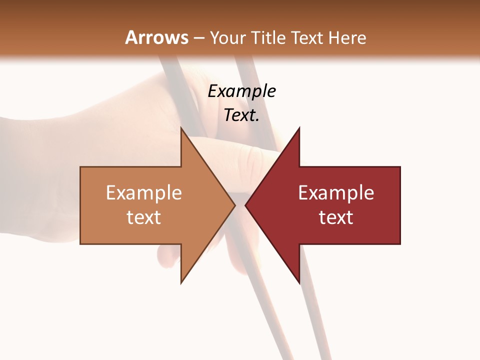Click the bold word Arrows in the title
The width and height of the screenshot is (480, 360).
(156, 37)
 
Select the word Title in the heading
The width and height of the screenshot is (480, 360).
(267, 38)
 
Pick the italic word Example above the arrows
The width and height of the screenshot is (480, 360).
(241, 91)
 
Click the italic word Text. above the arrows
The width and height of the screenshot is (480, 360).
(241, 115)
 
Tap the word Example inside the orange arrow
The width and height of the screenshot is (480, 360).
(144, 193)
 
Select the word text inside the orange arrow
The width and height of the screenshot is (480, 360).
(144, 217)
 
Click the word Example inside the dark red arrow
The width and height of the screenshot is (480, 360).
(336, 193)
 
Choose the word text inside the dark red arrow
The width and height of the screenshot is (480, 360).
(336, 217)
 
